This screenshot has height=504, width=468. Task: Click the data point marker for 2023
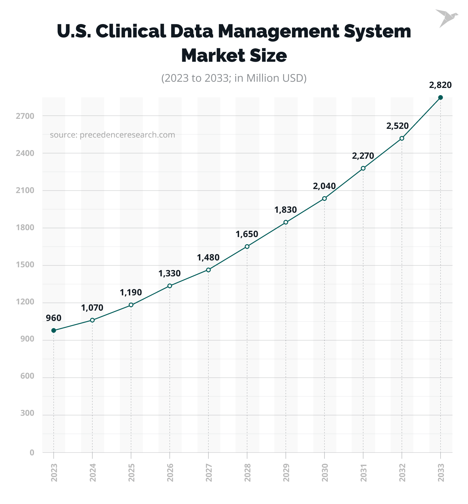tap(54, 331)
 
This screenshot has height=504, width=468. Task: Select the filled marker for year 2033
tap(440, 98)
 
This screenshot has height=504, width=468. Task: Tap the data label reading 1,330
tap(169, 274)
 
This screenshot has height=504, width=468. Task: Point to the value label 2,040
tap(324, 186)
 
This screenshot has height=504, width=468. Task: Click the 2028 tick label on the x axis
tap(247, 472)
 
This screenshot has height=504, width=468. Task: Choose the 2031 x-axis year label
tap(363, 472)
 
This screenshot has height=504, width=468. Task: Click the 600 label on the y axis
tap(27, 376)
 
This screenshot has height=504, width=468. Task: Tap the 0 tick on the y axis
tap(32, 453)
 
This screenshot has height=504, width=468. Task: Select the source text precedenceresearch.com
tap(112, 135)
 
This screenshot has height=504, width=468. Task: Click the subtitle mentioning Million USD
tap(234, 78)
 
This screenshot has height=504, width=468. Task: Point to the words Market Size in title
tap(234, 56)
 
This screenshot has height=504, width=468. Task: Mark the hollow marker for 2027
tap(208, 270)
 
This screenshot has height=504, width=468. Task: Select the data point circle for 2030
tap(324, 198)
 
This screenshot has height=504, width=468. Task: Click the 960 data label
tap(54, 318)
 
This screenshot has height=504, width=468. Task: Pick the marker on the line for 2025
tap(131, 305)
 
